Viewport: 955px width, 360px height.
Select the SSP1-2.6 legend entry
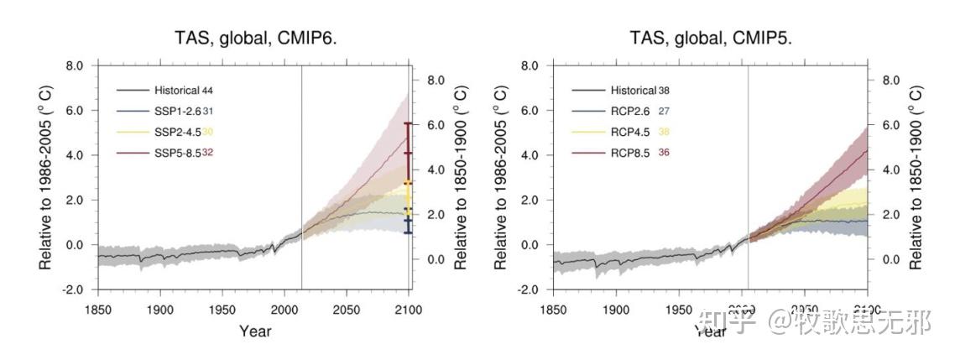(x=177, y=110)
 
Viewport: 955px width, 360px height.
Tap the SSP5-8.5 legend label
(x=177, y=152)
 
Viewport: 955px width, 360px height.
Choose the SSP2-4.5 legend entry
(x=177, y=131)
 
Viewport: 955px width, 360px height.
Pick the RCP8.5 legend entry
(x=629, y=152)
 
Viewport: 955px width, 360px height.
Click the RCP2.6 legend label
(x=629, y=110)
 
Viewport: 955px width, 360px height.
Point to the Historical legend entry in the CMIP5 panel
(x=633, y=90)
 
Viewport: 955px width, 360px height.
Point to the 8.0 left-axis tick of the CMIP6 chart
(x=76, y=65)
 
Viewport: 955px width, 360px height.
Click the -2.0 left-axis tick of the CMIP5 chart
(x=529, y=290)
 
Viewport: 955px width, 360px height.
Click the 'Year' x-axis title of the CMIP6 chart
(x=255, y=331)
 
